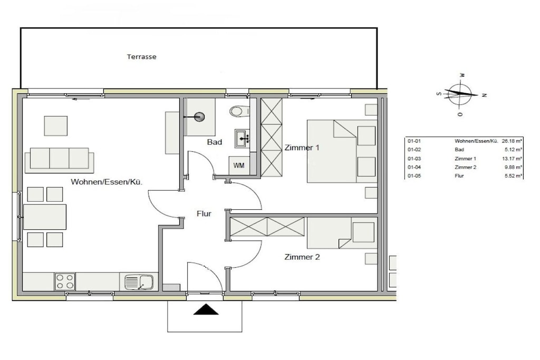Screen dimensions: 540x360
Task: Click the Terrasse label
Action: (x=141, y=57)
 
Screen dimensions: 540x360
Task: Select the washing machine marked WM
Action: (x=239, y=166)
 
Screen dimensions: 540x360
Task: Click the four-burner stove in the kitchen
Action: (x=65, y=281)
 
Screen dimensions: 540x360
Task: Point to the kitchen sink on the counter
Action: (x=139, y=282)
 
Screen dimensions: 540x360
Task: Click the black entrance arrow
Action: (x=206, y=309)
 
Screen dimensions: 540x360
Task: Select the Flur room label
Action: (x=204, y=213)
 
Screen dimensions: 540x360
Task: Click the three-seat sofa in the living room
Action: (x=59, y=160)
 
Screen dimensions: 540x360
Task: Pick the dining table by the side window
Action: (x=45, y=217)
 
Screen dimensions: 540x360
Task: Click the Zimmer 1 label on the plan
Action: (x=302, y=148)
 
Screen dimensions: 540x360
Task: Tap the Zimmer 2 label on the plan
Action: (x=302, y=257)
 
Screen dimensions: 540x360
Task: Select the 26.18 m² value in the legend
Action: (x=512, y=141)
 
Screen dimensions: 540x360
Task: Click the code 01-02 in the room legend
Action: (x=414, y=150)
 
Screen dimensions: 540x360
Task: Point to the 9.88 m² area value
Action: (x=514, y=167)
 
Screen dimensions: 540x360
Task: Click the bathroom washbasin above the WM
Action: (x=243, y=138)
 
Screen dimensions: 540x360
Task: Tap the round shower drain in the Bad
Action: (x=199, y=117)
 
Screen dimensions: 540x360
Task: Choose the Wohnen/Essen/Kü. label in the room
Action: (x=107, y=182)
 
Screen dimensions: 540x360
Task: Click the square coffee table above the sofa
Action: (x=56, y=126)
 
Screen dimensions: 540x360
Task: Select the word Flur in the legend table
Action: (x=459, y=176)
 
